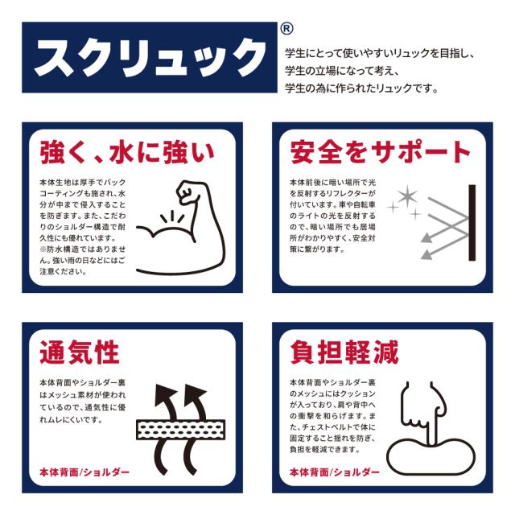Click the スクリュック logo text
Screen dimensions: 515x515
coord(145,59)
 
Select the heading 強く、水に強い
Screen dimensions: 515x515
coord(126,152)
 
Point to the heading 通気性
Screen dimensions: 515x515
coord(80,352)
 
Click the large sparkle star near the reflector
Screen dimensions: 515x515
coord(406,196)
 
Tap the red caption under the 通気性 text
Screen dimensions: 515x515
coord(84,472)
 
